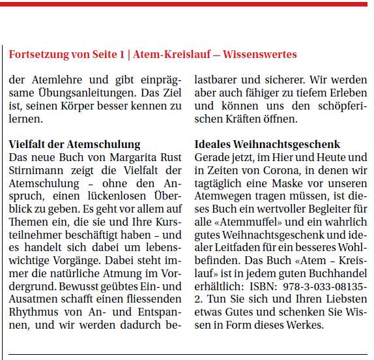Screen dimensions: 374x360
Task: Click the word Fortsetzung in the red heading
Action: (x=37, y=55)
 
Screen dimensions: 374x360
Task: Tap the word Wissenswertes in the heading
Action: (x=260, y=55)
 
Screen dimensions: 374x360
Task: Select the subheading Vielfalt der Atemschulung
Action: (x=74, y=144)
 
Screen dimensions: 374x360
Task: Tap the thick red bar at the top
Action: (x=187, y=4)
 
